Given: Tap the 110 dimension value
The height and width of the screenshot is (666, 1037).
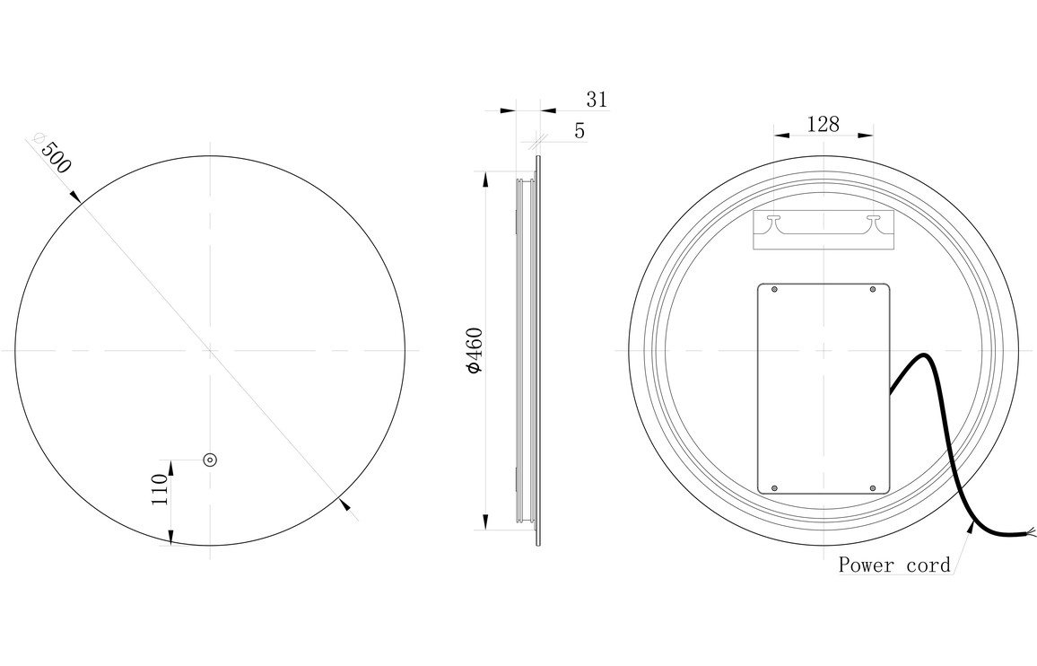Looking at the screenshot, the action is click(160, 489).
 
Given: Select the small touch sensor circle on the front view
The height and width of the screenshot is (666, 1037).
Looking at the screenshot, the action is click(210, 460).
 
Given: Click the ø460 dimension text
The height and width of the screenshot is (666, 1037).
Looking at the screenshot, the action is click(475, 349).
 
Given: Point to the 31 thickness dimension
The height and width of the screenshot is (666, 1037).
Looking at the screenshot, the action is click(597, 100).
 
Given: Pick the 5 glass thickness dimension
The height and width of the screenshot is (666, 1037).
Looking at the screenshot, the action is click(579, 131).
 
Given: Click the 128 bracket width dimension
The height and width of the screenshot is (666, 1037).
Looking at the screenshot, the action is click(823, 124).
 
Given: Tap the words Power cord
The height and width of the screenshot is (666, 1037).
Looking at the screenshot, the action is click(894, 565).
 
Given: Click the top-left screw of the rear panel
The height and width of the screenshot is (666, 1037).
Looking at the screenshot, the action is click(775, 290).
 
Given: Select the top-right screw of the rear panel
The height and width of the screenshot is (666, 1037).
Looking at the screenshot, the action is click(872, 290).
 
